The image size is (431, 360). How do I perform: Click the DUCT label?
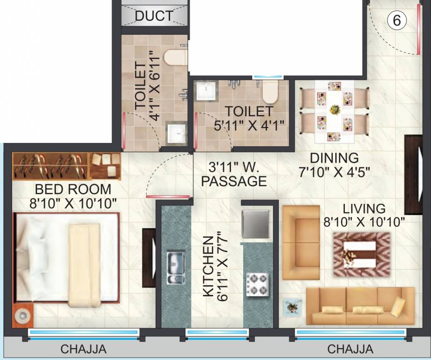click(154, 16)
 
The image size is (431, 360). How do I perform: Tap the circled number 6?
click(396, 21)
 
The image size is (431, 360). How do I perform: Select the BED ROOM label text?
click(73, 189)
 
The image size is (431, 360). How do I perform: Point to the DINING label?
click(335, 158)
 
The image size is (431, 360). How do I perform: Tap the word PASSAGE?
click(238, 181)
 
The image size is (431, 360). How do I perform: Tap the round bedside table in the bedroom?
click(21, 316)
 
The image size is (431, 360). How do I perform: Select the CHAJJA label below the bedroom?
click(83, 349)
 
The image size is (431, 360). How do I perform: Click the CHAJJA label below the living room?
click(350, 349)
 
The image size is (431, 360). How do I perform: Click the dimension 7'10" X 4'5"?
click(334, 172)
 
